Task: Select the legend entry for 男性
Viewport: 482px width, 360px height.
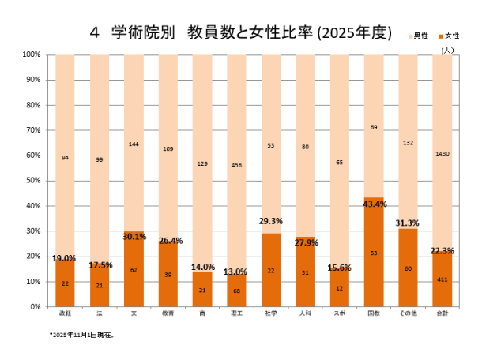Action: tap(420, 36)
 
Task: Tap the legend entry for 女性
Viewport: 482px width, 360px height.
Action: tap(450, 36)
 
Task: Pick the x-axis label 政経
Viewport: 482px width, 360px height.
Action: tap(65, 314)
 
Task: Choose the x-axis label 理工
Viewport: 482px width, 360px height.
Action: tap(236, 314)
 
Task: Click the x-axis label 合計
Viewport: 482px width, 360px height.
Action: tap(442, 314)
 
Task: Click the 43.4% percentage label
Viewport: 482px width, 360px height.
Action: tap(374, 204)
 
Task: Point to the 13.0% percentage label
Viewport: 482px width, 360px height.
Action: tap(236, 272)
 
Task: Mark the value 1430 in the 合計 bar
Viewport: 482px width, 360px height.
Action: tap(442, 153)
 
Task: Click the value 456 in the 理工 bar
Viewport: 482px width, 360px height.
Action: tap(236, 165)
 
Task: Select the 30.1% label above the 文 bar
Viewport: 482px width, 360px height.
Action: tap(134, 236)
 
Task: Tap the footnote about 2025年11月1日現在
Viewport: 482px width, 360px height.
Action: tap(82, 335)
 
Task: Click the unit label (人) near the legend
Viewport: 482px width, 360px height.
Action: tap(447, 49)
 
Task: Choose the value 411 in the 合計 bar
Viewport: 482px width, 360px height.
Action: tap(442, 279)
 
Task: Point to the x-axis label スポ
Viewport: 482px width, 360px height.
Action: tap(339, 314)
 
